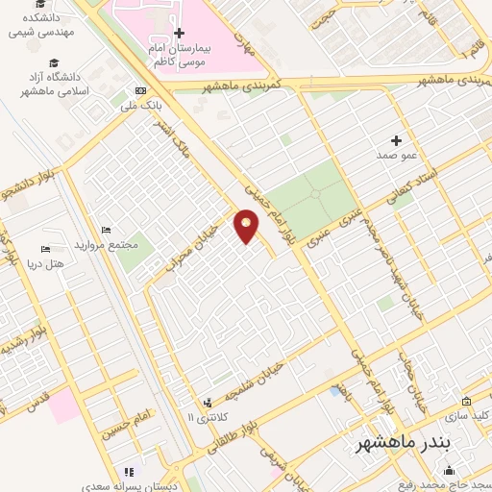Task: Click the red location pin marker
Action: pos(247,226)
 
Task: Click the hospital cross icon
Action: pos(179,33)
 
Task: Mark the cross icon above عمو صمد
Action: pos(396,140)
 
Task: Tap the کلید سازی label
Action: pos(470,415)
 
